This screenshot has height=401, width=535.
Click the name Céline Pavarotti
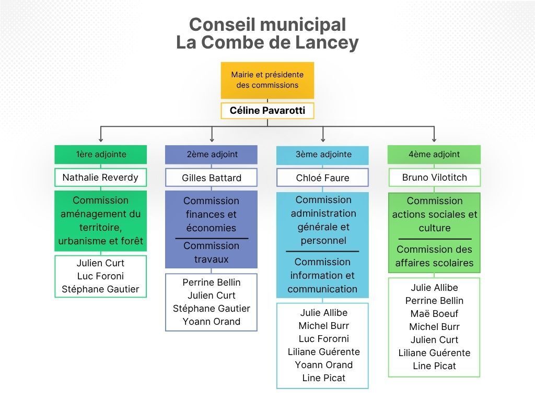[267, 111]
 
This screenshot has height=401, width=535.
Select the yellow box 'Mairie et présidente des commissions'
[267, 80]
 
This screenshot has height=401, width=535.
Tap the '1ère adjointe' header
[101, 155]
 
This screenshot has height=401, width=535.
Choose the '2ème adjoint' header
[212, 155]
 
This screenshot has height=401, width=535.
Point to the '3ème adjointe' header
[323, 155]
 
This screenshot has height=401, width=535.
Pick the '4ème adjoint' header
[434, 155]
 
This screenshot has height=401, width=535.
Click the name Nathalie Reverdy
[101, 178]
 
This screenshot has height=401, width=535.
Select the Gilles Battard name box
[212, 178]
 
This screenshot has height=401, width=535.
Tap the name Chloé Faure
[323, 178]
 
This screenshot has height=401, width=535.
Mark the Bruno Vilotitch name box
[434, 178]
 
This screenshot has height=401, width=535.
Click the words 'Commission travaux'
[212, 252]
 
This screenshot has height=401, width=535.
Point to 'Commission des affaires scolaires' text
[434, 256]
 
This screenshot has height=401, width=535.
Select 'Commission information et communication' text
[323, 275]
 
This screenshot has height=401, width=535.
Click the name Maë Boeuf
[434, 314]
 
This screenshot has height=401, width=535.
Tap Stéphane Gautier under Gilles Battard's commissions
[212, 309]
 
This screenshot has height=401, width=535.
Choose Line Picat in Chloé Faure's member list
[323, 378]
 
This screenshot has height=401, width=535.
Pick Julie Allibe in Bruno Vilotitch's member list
[434, 288]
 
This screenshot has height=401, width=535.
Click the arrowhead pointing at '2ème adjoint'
[212, 139]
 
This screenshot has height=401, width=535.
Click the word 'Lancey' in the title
[327, 42]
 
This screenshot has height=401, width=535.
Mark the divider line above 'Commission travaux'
[212, 239]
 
